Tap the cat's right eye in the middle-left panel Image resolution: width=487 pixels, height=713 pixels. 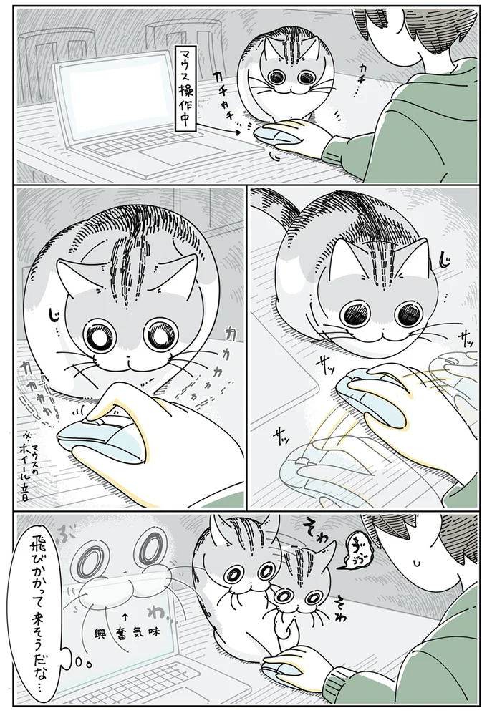[160, 336]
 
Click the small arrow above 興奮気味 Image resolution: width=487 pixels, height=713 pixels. [127, 615]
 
